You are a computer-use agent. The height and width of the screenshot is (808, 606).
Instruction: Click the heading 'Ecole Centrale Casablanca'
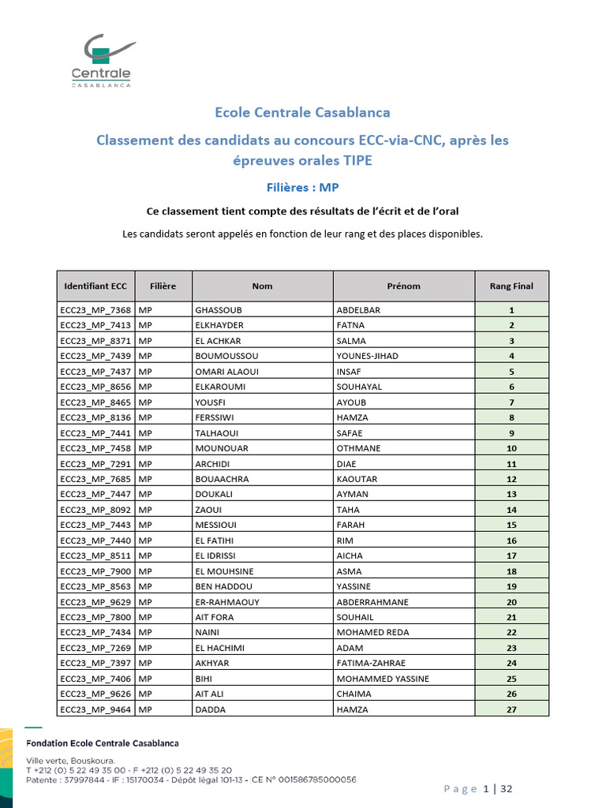[x=302, y=112]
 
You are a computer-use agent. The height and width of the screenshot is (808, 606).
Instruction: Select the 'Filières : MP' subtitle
[x=302, y=187]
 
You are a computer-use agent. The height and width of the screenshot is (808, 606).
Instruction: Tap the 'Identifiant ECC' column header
[x=95, y=286]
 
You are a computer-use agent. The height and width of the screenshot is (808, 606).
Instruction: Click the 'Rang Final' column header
[x=511, y=286]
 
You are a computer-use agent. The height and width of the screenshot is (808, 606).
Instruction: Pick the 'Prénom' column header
[x=403, y=286]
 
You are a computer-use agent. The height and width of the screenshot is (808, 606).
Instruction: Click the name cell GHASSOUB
[x=219, y=310]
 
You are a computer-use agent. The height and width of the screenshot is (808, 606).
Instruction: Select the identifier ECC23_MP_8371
[x=95, y=341]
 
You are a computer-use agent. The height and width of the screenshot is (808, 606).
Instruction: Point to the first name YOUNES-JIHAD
[x=368, y=356]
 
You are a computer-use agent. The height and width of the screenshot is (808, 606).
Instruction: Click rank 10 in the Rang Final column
[x=511, y=448]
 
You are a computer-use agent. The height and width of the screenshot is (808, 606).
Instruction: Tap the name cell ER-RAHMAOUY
[x=227, y=602]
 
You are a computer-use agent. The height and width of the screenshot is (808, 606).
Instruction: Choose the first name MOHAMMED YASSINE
[x=383, y=679]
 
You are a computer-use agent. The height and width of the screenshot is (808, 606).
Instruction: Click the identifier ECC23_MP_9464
[x=95, y=709]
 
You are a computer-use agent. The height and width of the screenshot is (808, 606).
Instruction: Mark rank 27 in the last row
[x=511, y=709]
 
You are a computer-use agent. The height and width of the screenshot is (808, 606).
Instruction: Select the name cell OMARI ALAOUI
[x=226, y=372]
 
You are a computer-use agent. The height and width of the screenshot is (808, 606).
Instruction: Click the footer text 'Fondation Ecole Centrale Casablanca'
[x=103, y=743]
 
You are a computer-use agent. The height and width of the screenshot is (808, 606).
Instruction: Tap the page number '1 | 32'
[x=498, y=789]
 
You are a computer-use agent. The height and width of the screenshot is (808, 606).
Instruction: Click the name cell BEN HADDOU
[x=223, y=586]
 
